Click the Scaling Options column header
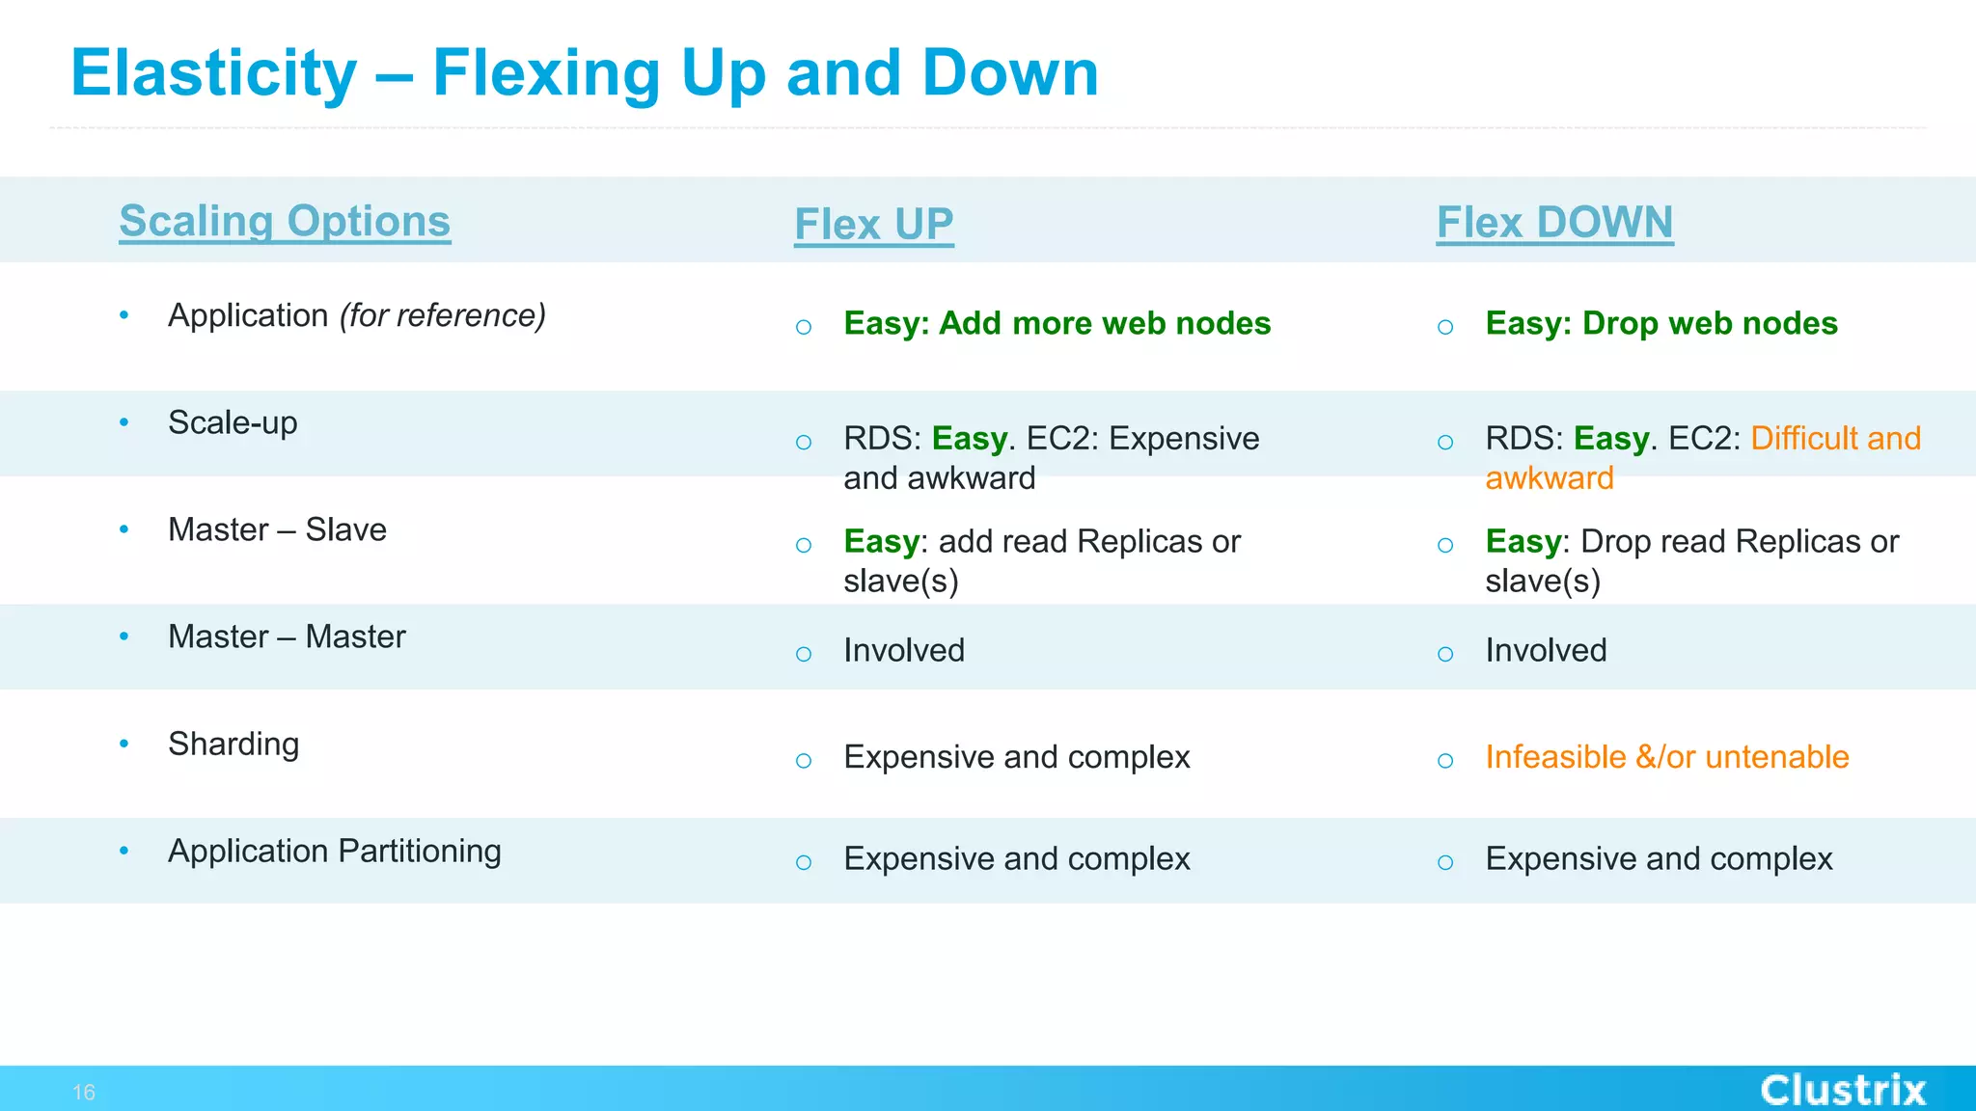tap(285, 221)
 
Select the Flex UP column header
tap(873, 224)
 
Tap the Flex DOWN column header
tap(1554, 222)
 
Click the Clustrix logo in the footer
tap(1842, 1090)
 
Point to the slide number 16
tap(84, 1092)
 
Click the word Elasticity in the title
tap(213, 73)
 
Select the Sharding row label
tap(233, 744)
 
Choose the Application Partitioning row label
tap(334, 851)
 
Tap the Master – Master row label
tap(287, 637)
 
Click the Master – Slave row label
tap(277, 529)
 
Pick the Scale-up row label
tap(233, 422)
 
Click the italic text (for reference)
tap(442, 315)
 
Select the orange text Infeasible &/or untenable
tap(1666, 757)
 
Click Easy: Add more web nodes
tap(1057, 323)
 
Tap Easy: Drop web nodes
tap(1660, 323)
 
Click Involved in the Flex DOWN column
tap(1546, 650)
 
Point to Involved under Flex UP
tap(903, 650)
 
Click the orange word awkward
tap(1549, 478)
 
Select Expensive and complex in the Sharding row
tap(1016, 757)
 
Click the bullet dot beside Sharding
tap(123, 744)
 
